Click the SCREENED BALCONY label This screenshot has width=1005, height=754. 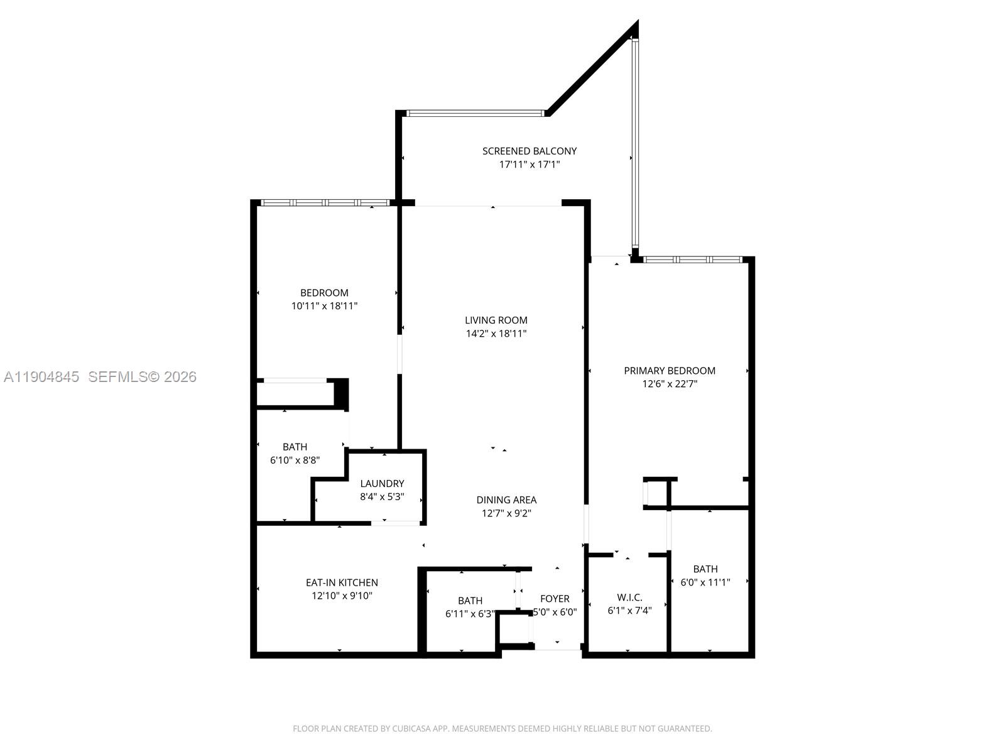(530, 151)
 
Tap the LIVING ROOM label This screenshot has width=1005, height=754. (496, 320)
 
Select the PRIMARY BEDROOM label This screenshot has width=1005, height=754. (670, 371)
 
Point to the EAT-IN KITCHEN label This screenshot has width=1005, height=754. (342, 583)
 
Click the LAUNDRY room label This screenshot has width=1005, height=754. (383, 483)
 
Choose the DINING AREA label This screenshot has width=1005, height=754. (506, 500)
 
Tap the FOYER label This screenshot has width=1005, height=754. (555, 599)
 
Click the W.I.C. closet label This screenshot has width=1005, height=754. (629, 598)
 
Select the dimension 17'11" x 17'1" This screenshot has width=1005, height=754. (530, 165)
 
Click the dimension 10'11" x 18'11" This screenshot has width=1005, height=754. (324, 306)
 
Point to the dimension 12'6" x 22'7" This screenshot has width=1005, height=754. (670, 384)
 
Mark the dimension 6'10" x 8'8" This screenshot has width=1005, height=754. (295, 460)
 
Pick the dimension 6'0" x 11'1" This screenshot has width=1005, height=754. (705, 582)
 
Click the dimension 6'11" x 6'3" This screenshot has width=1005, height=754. (470, 614)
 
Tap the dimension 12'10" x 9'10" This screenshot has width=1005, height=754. (342, 596)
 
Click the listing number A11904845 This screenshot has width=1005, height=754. (41, 377)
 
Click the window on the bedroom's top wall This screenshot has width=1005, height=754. (325, 203)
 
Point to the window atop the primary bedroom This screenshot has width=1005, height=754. (693, 260)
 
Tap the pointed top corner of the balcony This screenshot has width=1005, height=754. (638, 21)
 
